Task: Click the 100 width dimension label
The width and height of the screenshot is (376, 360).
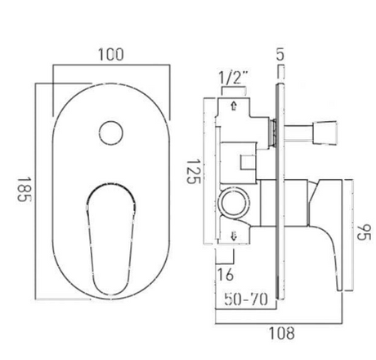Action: [113, 55]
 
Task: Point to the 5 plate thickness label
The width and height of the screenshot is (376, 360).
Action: [280, 57]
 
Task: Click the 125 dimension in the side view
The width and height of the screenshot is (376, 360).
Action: [193, 171]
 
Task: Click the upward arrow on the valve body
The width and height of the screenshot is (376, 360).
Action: [235, 105]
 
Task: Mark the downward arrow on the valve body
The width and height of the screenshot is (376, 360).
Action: [235, 237]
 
